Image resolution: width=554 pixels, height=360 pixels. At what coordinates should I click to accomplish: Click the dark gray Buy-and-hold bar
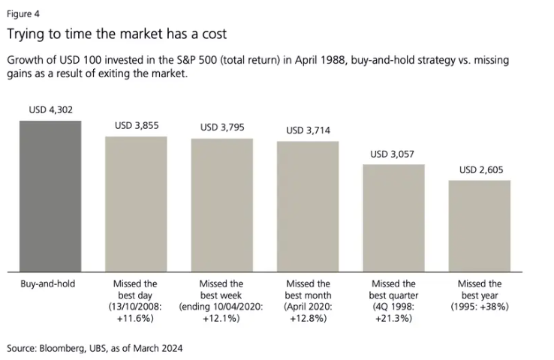(50, 196)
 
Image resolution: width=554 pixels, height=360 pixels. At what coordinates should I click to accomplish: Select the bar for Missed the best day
(135, 203)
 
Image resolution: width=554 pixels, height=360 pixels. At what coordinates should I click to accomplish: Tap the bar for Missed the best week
(221, 205)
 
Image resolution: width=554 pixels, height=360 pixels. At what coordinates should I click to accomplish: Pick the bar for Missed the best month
(308, 206)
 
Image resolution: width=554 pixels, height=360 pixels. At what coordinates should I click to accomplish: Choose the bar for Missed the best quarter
(393, 217)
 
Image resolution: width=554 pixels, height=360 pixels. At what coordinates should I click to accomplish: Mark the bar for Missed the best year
(480, 226)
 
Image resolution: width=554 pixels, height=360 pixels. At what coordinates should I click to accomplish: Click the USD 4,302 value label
(50, 110)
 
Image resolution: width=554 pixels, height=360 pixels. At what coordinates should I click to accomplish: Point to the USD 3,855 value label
(135, 126)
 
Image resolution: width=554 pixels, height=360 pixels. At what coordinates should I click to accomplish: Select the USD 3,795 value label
(221, 127)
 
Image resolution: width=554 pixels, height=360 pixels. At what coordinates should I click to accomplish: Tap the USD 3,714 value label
(308, 130)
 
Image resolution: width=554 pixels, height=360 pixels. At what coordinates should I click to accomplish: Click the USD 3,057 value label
(393, 154)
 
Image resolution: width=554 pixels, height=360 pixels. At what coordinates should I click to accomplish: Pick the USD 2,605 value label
(480, 170)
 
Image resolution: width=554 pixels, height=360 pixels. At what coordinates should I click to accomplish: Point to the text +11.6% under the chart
(135, 318)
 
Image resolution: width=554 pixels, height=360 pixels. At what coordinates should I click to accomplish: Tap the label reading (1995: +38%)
(480, 307)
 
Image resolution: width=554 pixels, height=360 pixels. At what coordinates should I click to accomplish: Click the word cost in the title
(212, 34)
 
